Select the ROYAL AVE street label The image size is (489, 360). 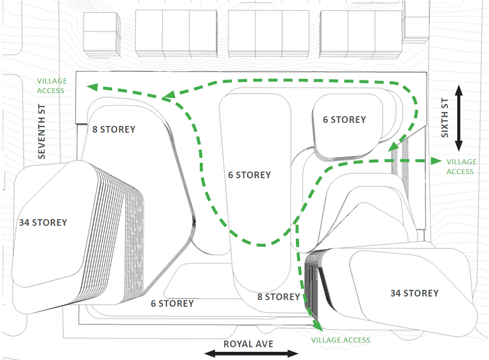click(248, 344)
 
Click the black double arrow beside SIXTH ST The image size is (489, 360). click(459, 117)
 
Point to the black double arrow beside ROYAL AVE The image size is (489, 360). click(251, 353)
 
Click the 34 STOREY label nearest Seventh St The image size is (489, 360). click(43, 223)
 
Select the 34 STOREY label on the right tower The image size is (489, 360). click(414, 293)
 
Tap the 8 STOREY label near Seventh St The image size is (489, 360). click(114, 130)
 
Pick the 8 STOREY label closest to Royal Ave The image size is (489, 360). click(279, 297)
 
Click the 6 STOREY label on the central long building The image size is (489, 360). click(249, 175)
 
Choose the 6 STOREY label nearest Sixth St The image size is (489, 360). click(344, 120)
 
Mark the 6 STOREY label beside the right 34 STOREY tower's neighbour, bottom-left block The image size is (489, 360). click(172, 304)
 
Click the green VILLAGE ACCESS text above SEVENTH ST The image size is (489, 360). click(51, 86)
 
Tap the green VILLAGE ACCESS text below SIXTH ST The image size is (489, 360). click(461, 166)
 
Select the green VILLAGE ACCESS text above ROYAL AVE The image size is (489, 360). click(341, 340)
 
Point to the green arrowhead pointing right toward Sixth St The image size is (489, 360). click(436, 161)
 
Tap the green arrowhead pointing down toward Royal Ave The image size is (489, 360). click(317, 325)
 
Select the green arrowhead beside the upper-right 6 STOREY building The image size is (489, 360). click(393, 147)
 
